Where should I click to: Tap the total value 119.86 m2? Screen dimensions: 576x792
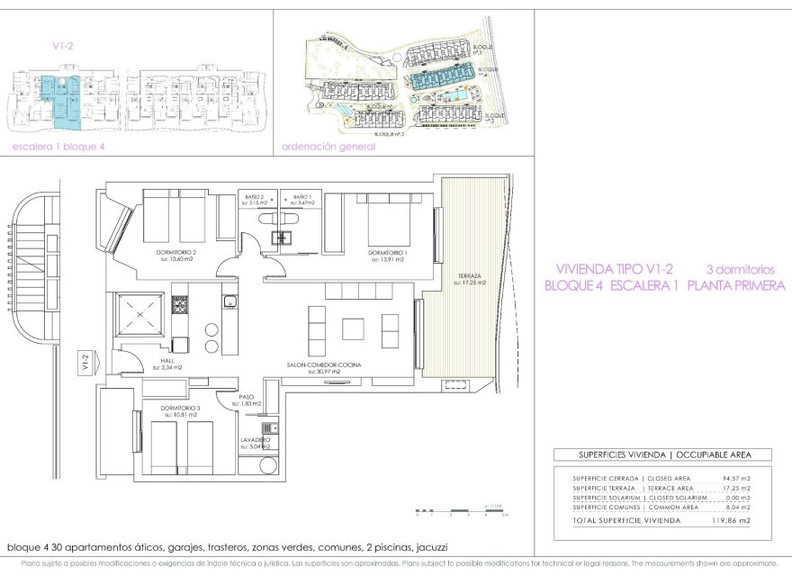point(732,520)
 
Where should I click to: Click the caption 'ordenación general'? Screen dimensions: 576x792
point(328,147)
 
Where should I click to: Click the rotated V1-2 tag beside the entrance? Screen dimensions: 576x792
point(85,363)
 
